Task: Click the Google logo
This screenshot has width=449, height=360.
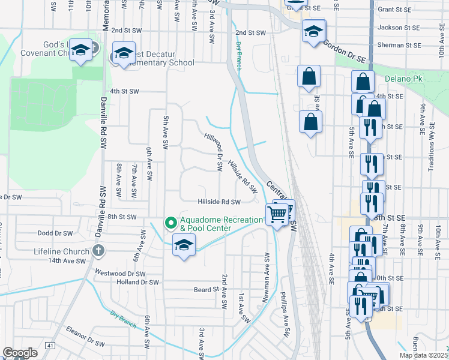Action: coord(20,353)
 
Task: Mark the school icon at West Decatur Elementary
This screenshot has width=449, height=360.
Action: coord(124,55)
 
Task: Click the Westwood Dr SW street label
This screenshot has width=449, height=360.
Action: coord(120,272)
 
